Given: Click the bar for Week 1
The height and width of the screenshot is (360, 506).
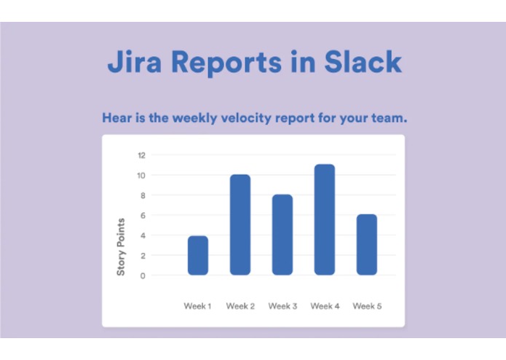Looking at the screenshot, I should click(x=198, y=255).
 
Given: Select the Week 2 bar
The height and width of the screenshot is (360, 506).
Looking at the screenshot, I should click(x=240, y=224).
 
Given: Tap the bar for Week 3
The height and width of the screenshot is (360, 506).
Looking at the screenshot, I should click(x=282, y=235).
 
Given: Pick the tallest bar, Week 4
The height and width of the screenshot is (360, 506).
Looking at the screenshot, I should click(x=325, y=219).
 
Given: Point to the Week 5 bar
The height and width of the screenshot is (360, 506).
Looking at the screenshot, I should click(x=367, y=245).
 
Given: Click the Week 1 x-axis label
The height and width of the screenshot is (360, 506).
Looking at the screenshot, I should click(x=197, y=306).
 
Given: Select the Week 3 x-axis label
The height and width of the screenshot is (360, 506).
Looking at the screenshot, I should click(x=282, y=306).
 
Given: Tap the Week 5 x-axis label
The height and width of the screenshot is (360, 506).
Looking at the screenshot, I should click(x=367, y=306).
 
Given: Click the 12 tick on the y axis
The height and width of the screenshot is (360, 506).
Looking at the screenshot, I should click(x=141, y=155).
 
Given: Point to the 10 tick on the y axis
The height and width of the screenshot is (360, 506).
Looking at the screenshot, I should click(x=141, y=176).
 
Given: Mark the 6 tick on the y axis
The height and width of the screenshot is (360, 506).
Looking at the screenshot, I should click(x=143, y=216).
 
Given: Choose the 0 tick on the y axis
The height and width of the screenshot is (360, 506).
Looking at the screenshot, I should click(x=143, y=275).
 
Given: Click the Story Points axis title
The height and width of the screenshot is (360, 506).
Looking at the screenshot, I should click(x=122, y=246).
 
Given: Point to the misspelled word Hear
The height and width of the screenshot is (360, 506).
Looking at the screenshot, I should click(x=116, y=117).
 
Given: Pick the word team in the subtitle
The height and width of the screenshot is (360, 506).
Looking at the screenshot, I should click(x=387, y=117).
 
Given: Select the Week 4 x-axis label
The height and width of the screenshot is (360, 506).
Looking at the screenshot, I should click(x=325, y=306).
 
